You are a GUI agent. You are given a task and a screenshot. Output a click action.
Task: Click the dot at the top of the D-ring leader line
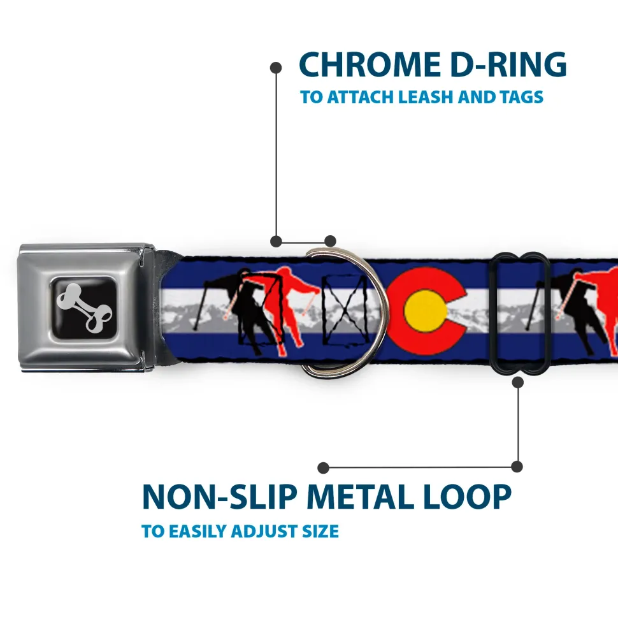276,68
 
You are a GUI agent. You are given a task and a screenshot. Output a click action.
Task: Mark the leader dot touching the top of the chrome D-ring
330,241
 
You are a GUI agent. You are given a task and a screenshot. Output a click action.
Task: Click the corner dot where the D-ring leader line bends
277,241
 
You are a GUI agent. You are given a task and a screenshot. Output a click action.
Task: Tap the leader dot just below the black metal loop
517,382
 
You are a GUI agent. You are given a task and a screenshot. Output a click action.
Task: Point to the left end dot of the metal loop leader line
323,468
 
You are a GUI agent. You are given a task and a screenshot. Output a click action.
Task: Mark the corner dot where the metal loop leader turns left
517,467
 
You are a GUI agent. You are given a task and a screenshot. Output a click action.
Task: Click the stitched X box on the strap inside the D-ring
345,310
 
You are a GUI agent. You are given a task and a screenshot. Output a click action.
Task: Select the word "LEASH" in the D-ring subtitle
426,97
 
